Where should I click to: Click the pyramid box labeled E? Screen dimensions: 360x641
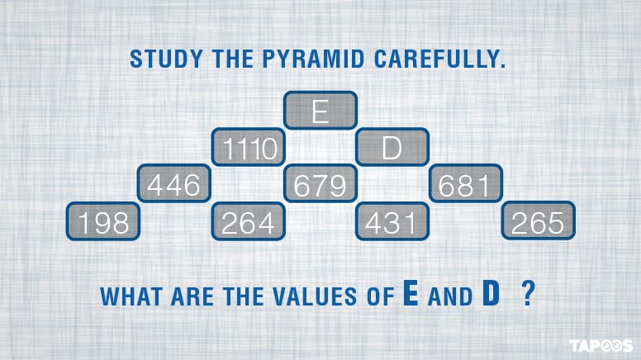pyautogui.click(x=320, y=111)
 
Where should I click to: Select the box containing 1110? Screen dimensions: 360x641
pyautogui.click(x=248, y=148)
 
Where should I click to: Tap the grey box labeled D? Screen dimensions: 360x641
pyautogui.click(x=392, y=148)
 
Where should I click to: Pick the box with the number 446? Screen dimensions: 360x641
pyautogui.click(x=174, y=185)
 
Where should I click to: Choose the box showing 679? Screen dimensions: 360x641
pyautogui.click(x=320, y=185)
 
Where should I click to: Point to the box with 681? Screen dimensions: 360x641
pyautogui.click(x=465, y=185)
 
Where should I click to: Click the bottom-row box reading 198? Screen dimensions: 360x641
pyautogui.click(x=102, y=222)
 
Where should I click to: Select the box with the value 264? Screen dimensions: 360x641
pyautogui.click(x=248, y=222)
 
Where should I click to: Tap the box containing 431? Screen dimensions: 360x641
pyautogui.click(x=392, y=222)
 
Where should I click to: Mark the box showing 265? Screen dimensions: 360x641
pyautogui.click(x=538, y=222)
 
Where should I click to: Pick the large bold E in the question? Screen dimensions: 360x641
pyautogui.click(x=410, y=293)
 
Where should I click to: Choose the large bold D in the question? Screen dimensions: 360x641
pyautogui.click(x=490, y=293)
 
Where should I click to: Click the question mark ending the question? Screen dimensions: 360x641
pyautogui.click(x=527, y=295)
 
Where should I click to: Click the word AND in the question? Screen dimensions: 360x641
pyautogui.click(x=449, y=296)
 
